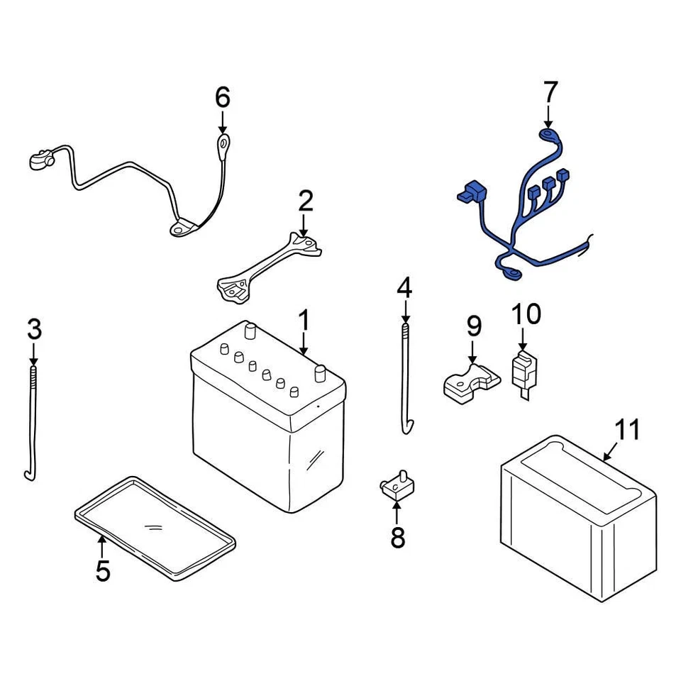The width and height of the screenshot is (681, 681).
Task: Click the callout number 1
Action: click(304, 321)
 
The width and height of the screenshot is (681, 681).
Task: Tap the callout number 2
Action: click(305, 201)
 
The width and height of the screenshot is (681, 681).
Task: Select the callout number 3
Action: click(34, 329)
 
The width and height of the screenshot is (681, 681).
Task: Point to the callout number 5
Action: click(103, 570)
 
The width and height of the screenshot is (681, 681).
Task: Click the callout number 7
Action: click(550, 92)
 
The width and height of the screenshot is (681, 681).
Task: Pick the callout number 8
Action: click(397, 537)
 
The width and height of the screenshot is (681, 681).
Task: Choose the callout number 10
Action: click(526, 313)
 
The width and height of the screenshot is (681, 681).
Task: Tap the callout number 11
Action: click(627, 429)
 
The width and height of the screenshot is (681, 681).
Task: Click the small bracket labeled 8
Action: click(396, 486)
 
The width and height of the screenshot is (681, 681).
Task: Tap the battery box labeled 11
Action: click(577, 514)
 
